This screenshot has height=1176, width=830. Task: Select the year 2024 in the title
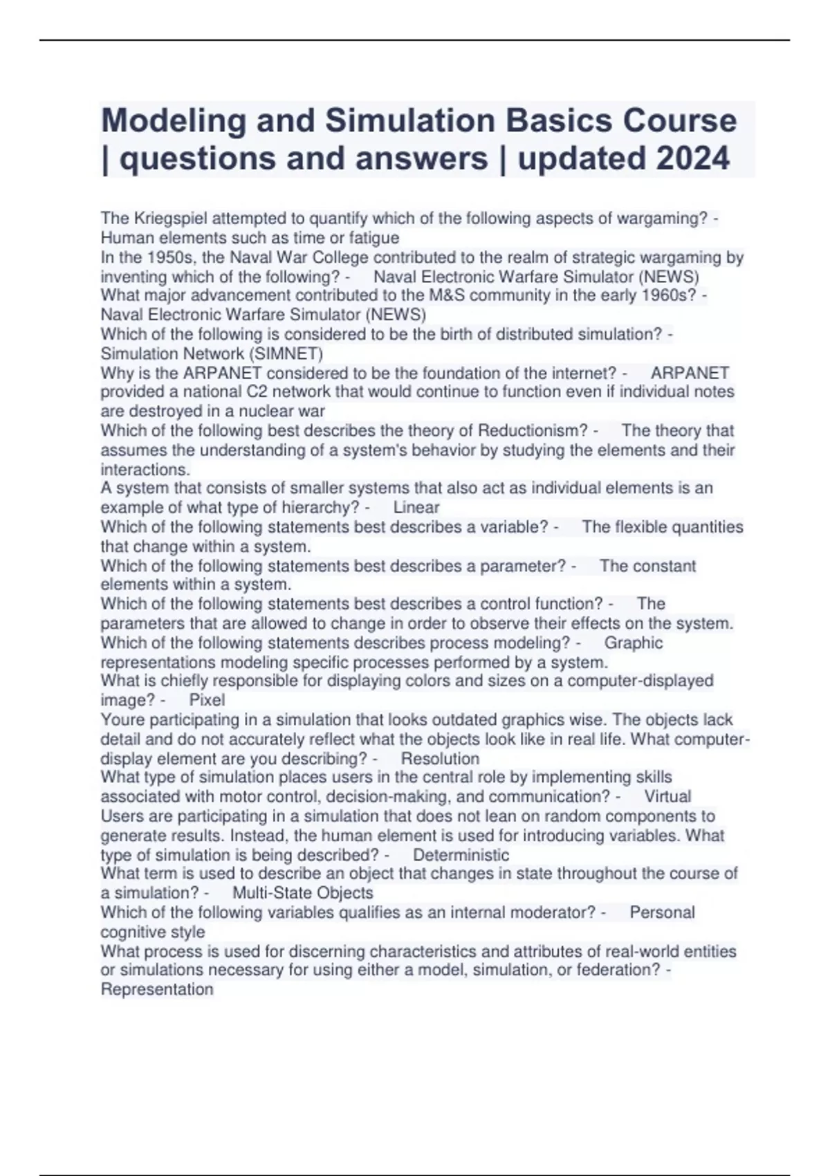[x=692, y=158]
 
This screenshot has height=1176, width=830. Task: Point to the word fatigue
[x=374, y=238]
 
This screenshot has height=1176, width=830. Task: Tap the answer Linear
[x=416, y=507]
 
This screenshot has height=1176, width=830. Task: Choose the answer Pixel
[x=207, y=700]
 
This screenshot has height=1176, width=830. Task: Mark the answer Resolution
[x=440, y=758]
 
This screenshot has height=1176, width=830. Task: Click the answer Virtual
[x=667, y=796]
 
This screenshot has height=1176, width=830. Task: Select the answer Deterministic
[x=461, y=855]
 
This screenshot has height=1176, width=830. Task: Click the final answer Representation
[x=157, y=989]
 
